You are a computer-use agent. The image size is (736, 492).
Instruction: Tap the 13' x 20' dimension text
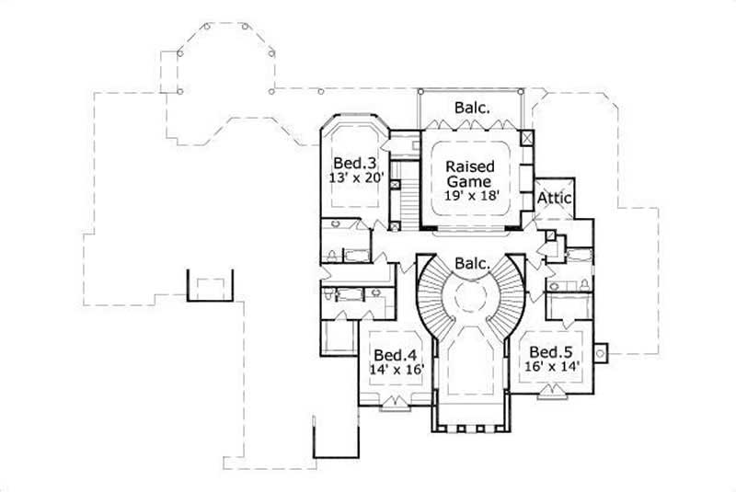(x=354, y=177)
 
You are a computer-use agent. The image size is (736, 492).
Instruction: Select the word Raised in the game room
(x=471, y=166)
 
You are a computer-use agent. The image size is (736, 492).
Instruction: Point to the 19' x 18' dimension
(x=471, y=196)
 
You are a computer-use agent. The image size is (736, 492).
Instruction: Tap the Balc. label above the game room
(x=471, y=108)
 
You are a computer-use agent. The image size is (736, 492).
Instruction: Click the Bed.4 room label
(x=392, y=354)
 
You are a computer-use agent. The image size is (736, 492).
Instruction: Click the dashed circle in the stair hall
(x=471, y=299)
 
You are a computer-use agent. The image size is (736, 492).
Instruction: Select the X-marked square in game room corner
(x=525, y=138)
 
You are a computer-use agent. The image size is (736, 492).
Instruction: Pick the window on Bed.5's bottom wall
(x=552, y=393)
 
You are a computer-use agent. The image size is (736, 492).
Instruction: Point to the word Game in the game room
(x=471, y=181)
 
